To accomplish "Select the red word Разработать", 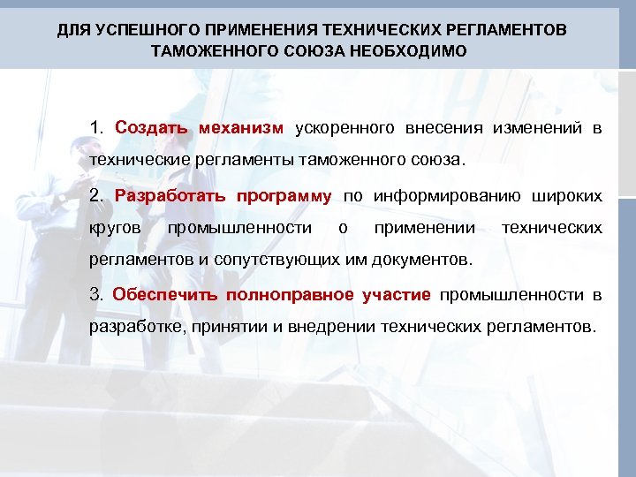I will (169, 195).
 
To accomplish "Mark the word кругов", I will (116, 228).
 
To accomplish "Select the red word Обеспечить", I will (164, 294).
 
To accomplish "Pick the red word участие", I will (397, 294).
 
